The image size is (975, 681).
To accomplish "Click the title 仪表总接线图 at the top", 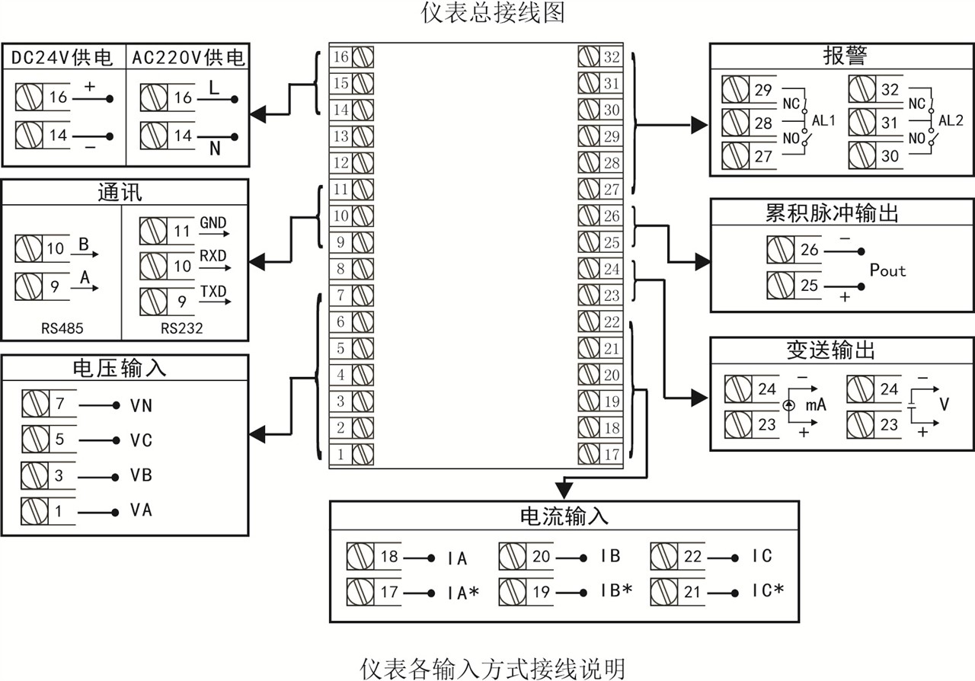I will (494, 13).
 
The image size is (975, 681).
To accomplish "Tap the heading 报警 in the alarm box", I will (845, 56).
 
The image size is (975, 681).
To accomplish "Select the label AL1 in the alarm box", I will (823, 120).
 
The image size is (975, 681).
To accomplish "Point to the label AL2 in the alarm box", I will (950, 120).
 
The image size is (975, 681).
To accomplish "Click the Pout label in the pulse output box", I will (887, 270).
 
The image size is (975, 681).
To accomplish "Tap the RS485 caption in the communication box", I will (62, 329).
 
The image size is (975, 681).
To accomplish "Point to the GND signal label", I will (213, 222).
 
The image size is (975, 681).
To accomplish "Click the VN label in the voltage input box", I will (141, 405).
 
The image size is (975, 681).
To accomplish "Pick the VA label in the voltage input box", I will (141, 510).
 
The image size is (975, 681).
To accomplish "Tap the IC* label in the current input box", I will (768, 591).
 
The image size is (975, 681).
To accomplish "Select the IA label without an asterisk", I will (457, 558).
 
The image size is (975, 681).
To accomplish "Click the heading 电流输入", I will (564, 516).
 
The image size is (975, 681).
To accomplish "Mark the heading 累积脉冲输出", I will (832, 213).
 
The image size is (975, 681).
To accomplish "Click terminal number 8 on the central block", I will (340, 268).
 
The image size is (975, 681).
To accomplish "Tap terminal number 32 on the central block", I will (612, 57).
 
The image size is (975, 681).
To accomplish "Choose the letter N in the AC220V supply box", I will (215, 149).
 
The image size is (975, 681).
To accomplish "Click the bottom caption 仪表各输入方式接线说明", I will (493, 668).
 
